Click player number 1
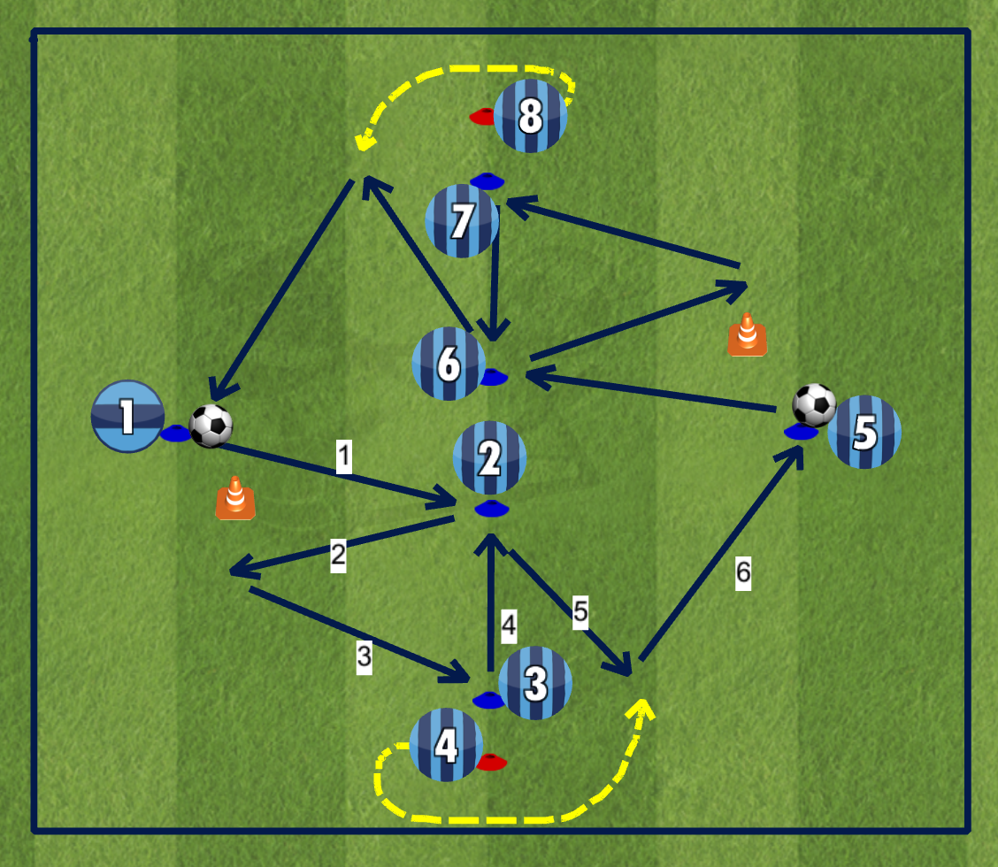pos(127,417)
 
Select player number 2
pos(489,457)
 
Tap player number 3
pos(534,682)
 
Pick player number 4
pos(446,745)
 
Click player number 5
pos(864,432)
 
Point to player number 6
pos(449,364)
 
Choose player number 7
pos(462,221)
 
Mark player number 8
pos(530,116)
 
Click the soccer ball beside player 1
pos(211,426)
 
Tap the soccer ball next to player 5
pos(814,405)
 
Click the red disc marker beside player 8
pos(483,116)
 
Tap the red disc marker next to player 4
pos(492,762)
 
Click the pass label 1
pos(344,457)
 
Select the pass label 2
pos(338,556)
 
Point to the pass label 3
pos(364,656)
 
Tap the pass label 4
pos(508,625)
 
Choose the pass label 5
pos(580,610)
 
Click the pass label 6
pos(743,573)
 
